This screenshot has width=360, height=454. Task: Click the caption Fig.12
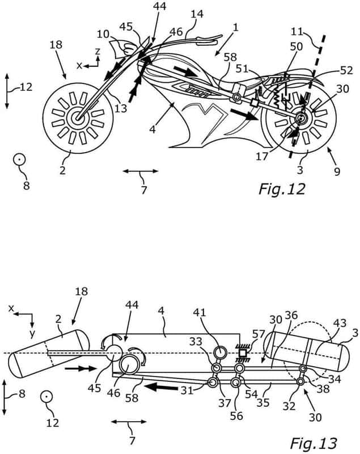click(x=282, y=190)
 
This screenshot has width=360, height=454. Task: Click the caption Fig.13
click(x=314, y=443)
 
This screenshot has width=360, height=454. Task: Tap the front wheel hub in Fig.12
click(x=77, y=118)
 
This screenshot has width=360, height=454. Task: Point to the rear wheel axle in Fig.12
click(x=301, y=118)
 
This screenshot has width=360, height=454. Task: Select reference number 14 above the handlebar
click(x=197, y=14)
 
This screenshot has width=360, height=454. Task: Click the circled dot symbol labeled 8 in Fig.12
click(x=19, y=159)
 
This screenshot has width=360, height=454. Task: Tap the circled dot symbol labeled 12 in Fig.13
click(x=46, y=397)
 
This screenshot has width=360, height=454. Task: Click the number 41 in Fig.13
click(x=200, y=313)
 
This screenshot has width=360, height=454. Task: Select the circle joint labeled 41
click(x=221, y=352)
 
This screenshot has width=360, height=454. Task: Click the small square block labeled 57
click(x=243, y=353)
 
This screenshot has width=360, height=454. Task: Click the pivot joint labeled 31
click(x=214, y=382)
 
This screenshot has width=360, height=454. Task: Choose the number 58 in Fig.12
click(x=230, y=58)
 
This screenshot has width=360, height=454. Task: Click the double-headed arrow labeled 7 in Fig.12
click(x=141, y=171)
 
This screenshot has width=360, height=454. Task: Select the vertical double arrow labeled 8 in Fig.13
click(x=4, y=398)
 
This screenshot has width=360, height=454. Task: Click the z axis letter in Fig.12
click(x=98, y=51)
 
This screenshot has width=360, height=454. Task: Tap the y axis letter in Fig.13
click(x=32, y=334)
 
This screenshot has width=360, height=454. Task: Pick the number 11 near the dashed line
click(x=297, y=31)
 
